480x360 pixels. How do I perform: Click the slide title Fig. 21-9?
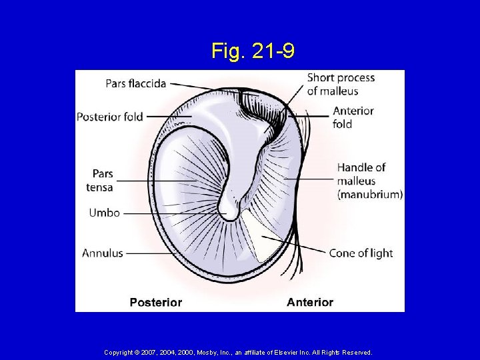pyautogui.click(x=253, y=51)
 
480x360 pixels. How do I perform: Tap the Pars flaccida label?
pyautogui.click(x=135, y=84)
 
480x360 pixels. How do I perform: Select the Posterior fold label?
pyautogui.click(x=110, y=117)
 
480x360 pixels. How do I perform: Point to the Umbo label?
pyautogui.click(x=104, y=213)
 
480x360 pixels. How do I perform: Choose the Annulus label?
pyautogui.click(x=103, y=253)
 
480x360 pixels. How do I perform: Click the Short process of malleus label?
pyautogui.click(x=340, y=84)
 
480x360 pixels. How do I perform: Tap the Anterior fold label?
pyautogui.click(x=353, y=117)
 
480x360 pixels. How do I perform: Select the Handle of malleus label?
pyautogui.click(x=361, y=173)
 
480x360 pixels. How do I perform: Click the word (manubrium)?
pyautogui.click(x=370, y=195)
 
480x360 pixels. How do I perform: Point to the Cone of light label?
pyautogui.click(x=361, y=253)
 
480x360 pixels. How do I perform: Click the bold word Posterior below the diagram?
pyautogui.click(x=155, y=303)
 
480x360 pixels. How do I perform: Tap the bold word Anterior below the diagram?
pyautogui.click(x=310, y=303)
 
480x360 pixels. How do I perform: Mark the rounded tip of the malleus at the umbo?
pyautogui.click(x=230, y=212)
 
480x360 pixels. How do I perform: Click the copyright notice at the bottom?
pyautogui.click(x=238, y=352)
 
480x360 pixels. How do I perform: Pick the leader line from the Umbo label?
pyautogui.click(x=173, y=214)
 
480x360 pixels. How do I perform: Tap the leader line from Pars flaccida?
pyautogui.click(x=200, y=86)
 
